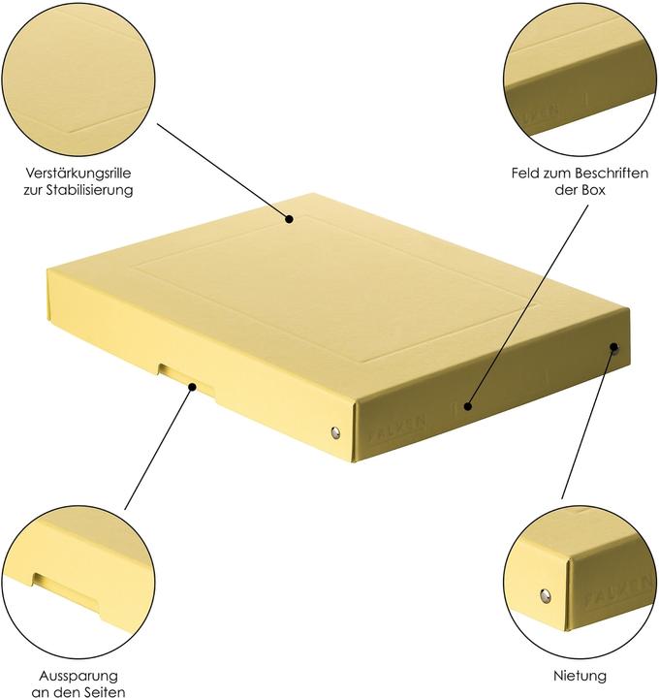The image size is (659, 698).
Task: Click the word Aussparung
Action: [78, 675]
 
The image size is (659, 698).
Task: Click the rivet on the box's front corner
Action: [336, 432]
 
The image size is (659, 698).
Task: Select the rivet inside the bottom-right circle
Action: [544, 595]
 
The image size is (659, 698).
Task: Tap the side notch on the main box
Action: [176, 375]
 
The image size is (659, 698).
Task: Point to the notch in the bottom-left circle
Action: [65, 586]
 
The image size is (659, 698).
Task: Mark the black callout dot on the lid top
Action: [289, 221]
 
